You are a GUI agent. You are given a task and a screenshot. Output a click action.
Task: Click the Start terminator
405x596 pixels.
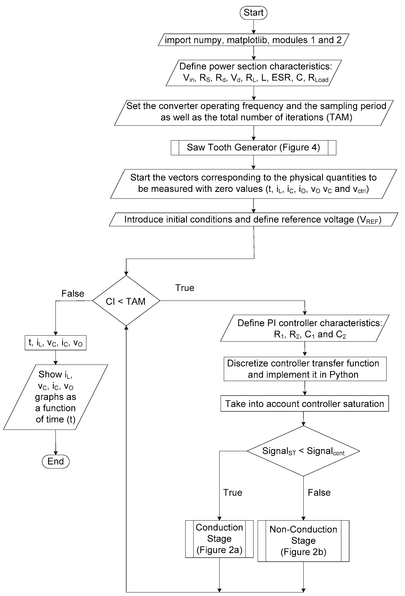click(253, 13)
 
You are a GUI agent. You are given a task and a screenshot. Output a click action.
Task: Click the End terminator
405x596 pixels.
click(55, 461)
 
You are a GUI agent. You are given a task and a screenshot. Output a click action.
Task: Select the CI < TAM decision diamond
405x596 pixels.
click(126, 301)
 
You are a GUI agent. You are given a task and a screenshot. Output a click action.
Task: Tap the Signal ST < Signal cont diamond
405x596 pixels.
click(303, 451)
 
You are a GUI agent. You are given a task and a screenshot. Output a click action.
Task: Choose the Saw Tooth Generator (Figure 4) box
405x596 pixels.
click(253, 147)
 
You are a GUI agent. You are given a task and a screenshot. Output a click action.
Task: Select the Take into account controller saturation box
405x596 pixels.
click(305, 404)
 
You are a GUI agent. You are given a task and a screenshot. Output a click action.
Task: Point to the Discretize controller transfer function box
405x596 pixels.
click(305, 369)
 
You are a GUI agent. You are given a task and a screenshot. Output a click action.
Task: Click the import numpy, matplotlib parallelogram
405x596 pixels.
click(253, 40)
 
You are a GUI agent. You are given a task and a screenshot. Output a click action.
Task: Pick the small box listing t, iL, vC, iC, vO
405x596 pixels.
click(55, 343)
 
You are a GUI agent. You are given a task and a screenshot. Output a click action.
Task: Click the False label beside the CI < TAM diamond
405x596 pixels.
click(73, 293)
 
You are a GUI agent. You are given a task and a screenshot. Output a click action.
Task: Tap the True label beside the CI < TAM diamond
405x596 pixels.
click(185, 288)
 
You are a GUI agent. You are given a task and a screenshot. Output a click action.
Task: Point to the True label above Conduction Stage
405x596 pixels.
click(233, 492)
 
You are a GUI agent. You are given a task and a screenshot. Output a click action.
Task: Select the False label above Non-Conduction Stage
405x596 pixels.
click(319, 492)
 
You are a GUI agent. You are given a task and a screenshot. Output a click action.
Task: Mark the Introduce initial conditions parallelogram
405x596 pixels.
click(253, 219)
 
